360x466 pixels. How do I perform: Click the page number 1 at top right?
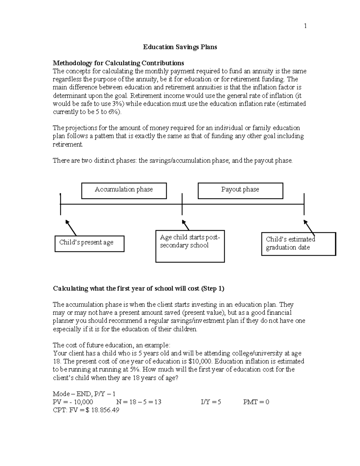click(x=305, y=26)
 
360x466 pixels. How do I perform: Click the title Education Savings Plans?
click(x=180, y=47)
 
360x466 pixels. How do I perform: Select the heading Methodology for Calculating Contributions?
click(x=118, y=63)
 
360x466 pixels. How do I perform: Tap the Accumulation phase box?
click(x=124, y=191)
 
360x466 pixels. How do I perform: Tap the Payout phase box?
click(x=240, y=191)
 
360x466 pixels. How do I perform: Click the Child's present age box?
click(x=89, y=243)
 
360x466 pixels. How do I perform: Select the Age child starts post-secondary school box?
click(x=190, y=246)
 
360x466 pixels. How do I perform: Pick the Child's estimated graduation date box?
click(x=298, y=244)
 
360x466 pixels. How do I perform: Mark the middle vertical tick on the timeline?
click(x=182, y=204)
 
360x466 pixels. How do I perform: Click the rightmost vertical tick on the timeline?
click(x=304, y=204)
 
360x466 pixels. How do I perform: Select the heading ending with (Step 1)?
click(x=138, y=289)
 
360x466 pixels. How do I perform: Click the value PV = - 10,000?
click(x=73, y=402)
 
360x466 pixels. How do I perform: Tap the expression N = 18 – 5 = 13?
click(x=138, y=402)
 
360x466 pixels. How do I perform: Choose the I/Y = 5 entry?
click(x=211, y=402)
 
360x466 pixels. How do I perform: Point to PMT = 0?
click(x=256, y=402)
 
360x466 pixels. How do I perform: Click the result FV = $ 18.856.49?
click(x=86, y=410)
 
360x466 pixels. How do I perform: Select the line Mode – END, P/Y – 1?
click(x=84, y=394)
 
